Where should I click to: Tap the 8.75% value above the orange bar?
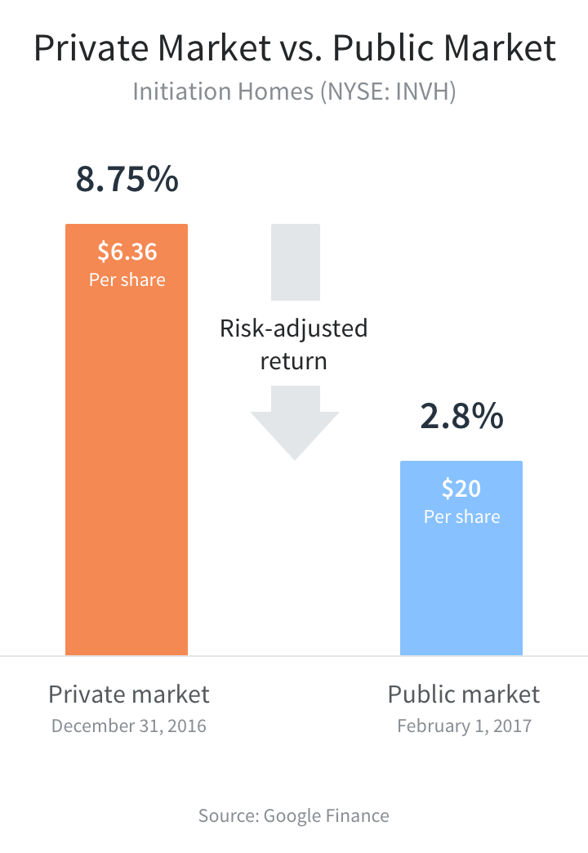127,180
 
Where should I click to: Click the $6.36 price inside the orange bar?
127,250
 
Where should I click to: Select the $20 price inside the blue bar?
461,488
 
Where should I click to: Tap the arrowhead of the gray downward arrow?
294,433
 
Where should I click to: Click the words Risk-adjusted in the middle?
294,328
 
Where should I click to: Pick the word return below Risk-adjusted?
294,360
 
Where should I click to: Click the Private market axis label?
129,694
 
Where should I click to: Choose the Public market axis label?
463,694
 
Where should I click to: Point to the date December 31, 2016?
129,726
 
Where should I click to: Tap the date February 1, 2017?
464,726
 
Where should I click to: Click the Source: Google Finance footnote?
294,815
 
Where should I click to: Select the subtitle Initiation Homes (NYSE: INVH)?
294,90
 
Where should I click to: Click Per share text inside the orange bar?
127,279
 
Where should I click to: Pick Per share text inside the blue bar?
461,516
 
